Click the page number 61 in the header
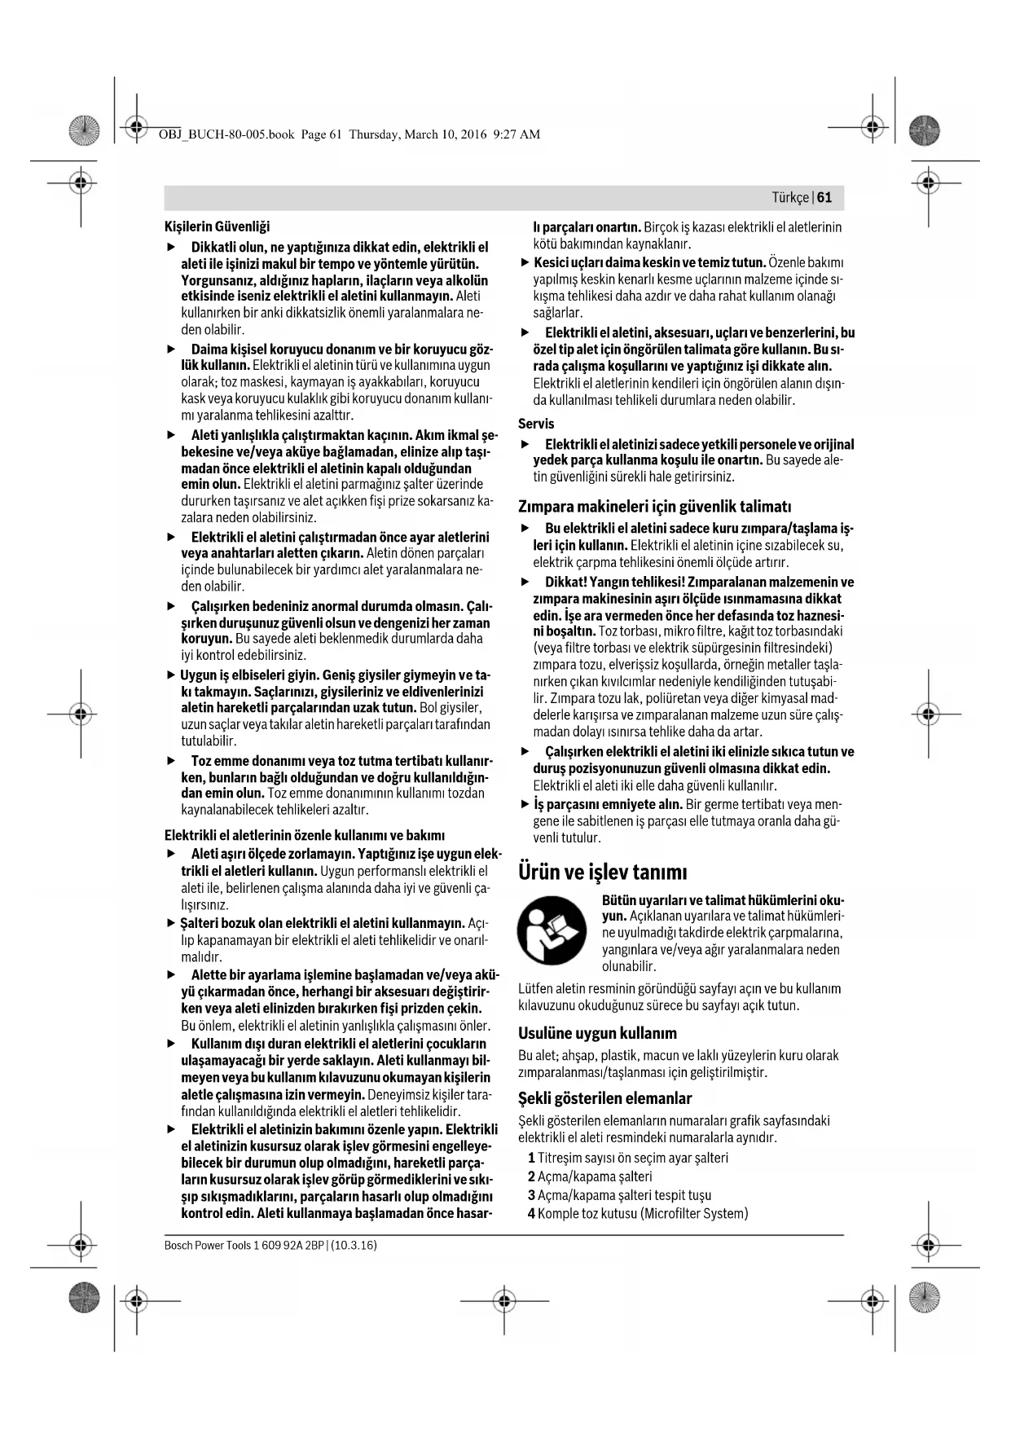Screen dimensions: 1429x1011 [824, 198]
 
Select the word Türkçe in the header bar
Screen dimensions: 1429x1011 [790, 198]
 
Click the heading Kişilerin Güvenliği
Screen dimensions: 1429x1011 [217, 226]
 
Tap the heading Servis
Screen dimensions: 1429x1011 [536, 424]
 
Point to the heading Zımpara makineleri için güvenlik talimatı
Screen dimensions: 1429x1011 [655, 506]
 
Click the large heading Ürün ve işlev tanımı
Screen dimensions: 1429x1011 [603, 873]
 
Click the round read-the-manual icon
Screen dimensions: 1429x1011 [552, 931]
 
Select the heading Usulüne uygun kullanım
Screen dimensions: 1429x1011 [597, 1033]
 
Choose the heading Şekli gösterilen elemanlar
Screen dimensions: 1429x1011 [604, 1098]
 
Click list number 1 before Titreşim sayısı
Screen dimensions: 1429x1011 [531, 1158]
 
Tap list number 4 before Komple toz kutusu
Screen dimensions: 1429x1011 [531, 1213]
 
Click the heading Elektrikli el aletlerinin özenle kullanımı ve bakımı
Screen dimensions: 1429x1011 [304, 835]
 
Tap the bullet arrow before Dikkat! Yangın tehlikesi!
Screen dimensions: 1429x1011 [525, 583]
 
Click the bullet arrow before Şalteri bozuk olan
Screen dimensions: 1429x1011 [171, 923]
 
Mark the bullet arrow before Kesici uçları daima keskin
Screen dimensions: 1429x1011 [525, 262]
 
